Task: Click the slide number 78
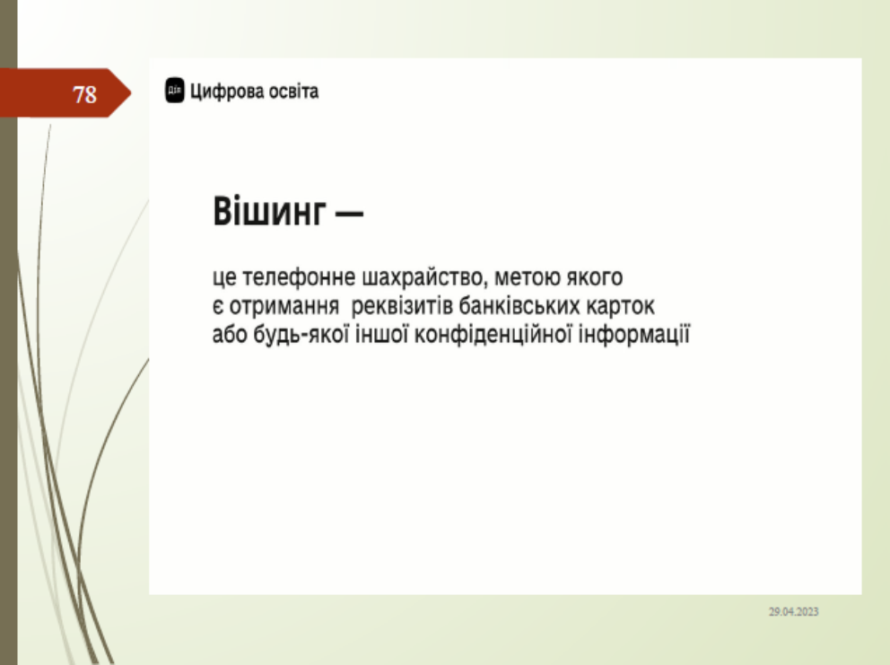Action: (x=84, y=94)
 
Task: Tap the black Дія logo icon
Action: (x=175, y=91)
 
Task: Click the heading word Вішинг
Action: (x=270, y=211)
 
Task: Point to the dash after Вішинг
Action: (x=350, y=214)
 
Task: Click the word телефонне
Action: (x=299, y=277)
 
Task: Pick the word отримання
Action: (x=284, y=307)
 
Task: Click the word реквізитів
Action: (x=402, y=307)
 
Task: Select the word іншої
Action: (x=381, y=334)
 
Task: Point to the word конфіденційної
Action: (x=493, y=335)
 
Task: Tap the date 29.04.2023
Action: (x=793, y=612)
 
